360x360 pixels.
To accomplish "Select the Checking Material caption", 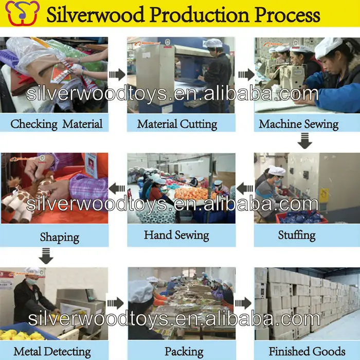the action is (x=56, y=124).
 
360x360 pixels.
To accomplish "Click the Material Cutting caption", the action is (x=177, y=124).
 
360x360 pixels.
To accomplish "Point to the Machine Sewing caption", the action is (x=298, y=124).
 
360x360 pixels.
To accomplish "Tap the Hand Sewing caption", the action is (x=176, y=236).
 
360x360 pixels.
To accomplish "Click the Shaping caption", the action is (x=60, y=238).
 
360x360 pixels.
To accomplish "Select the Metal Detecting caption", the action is (x=52, y=352).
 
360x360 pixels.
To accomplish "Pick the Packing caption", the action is (x=184, y=352).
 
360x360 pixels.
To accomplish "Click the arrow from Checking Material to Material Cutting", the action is (x=117, y=75).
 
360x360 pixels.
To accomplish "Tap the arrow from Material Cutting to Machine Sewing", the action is (x=246, y=75).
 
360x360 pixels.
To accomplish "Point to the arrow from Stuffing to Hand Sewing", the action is (x=245, y=188).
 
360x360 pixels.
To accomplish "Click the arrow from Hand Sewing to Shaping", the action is (x=117, y=188).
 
